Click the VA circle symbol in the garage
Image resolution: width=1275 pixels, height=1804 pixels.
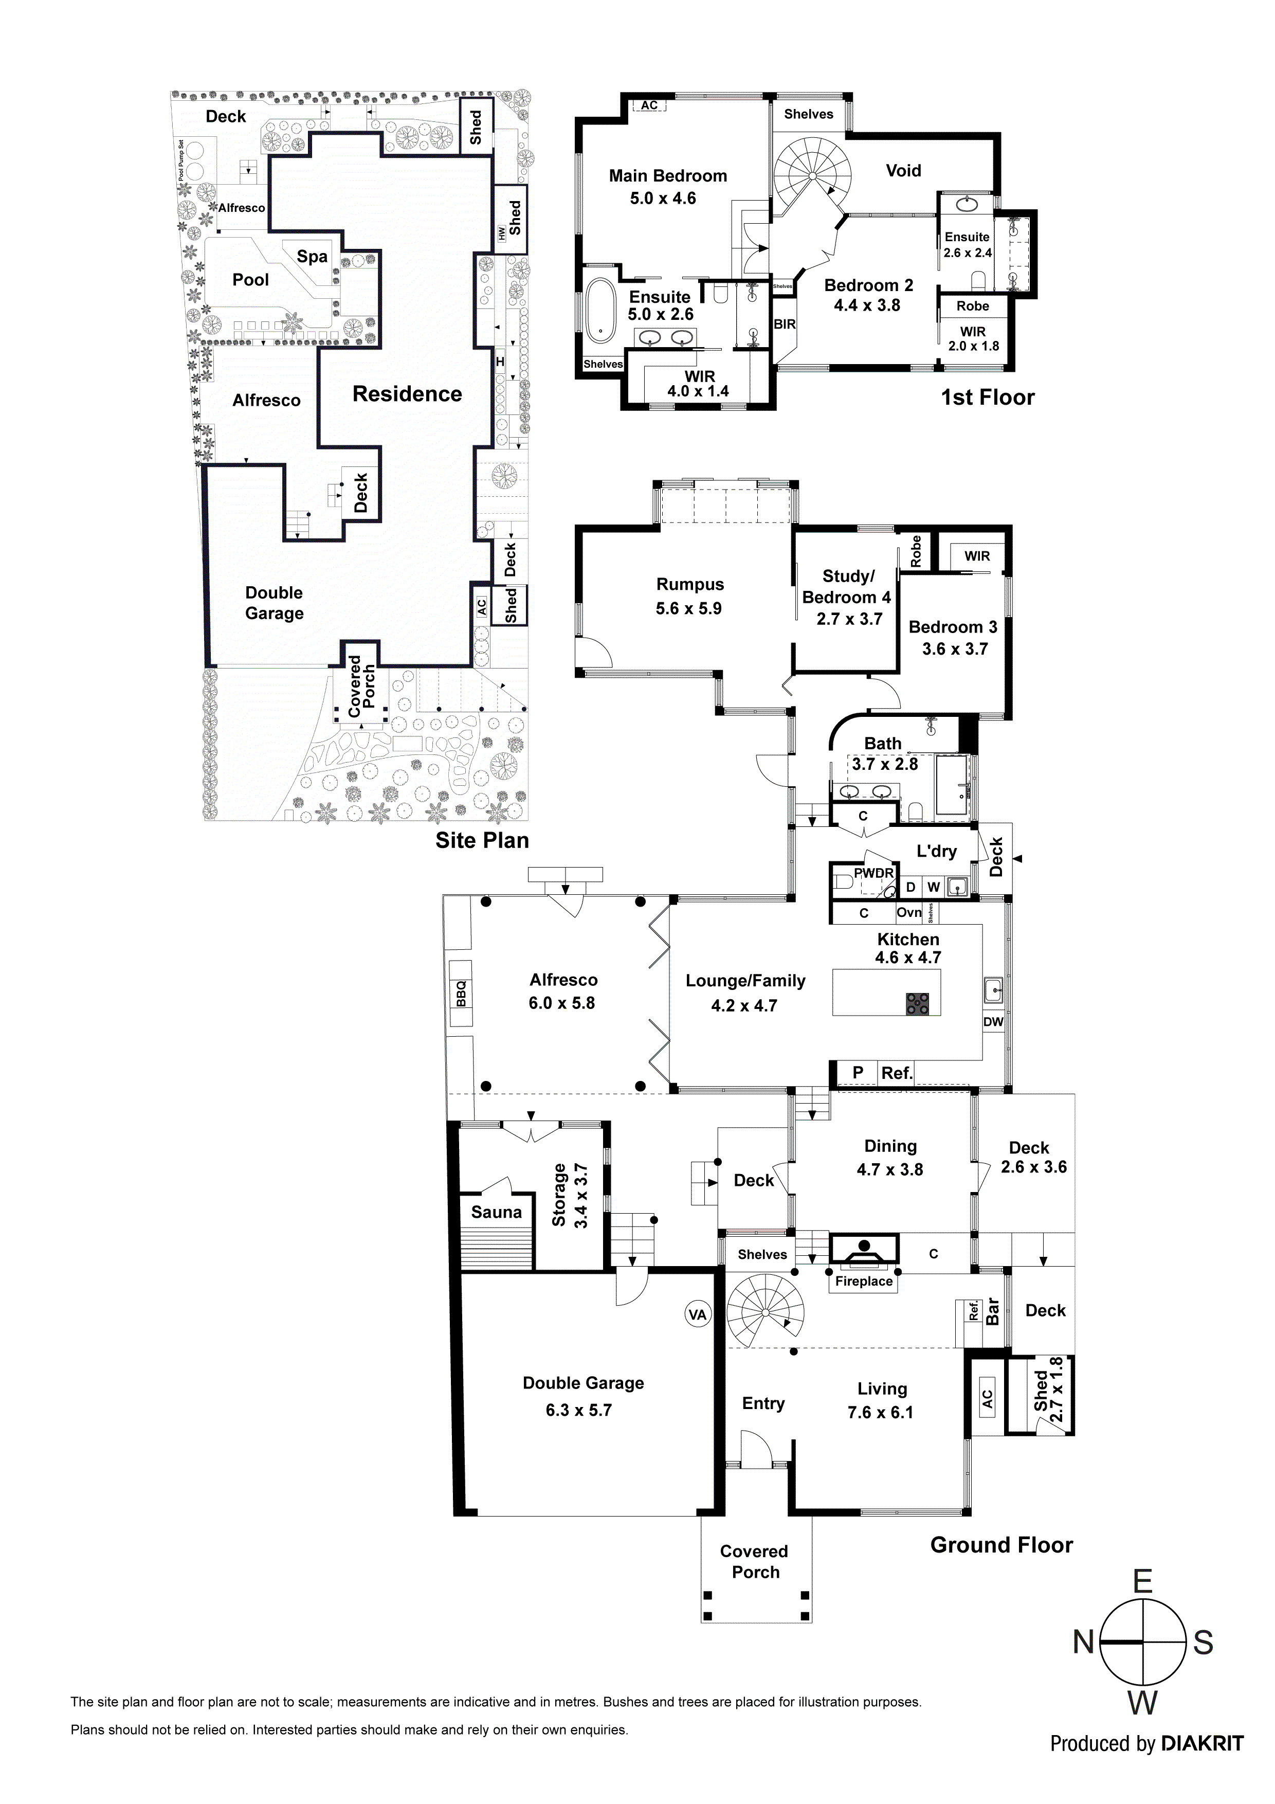[697, 1314]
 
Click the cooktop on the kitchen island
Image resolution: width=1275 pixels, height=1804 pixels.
[917, 1003]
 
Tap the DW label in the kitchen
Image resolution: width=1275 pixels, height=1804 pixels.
[993, 1021]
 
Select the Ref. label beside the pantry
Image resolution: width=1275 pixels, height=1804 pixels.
[896, 1073]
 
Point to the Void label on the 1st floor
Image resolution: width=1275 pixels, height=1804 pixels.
[903, 171]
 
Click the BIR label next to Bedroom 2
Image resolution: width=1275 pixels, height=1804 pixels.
[784, 323]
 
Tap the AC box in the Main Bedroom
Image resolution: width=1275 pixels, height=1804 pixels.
[649, 105]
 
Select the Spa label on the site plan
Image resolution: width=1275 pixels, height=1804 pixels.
[312, 256]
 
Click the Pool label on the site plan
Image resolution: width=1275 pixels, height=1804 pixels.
[250, 280]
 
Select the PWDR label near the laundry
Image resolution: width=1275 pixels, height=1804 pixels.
[873, 873]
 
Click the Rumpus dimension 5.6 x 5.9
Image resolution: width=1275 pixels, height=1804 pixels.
[688, 608]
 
